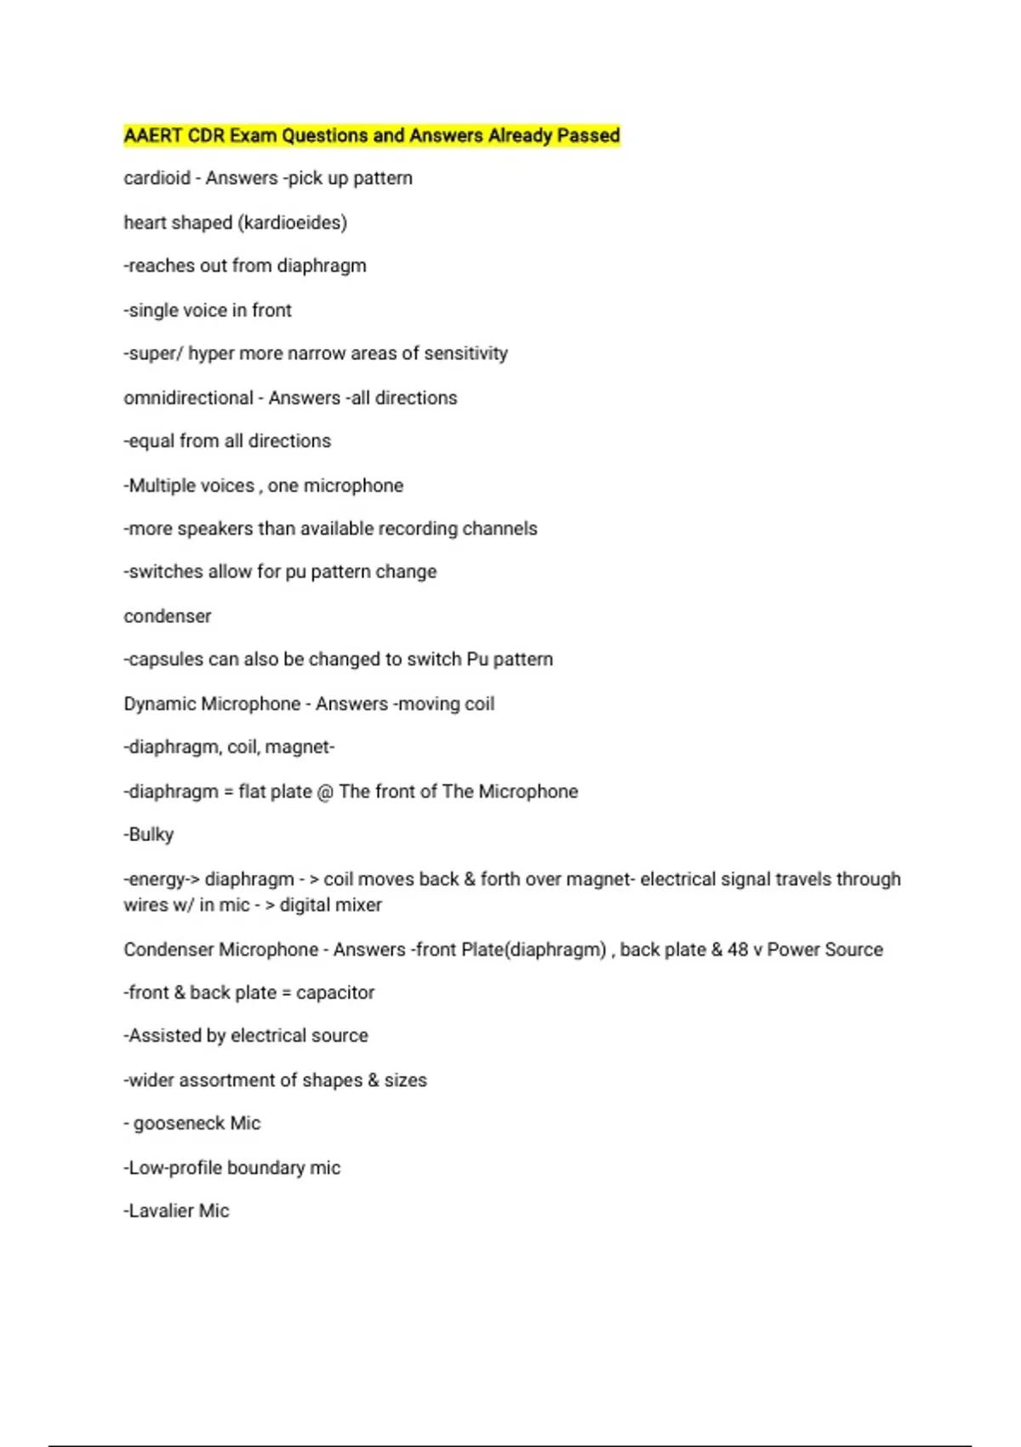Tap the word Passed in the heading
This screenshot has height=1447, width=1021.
click(588, 135)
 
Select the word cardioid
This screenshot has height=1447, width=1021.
click(157, 178)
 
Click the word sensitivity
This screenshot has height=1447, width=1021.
click(465, 353)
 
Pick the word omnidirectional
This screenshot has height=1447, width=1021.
click(188, 397)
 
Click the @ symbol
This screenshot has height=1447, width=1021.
click(325, 792)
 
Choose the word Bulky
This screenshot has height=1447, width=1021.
click(151, 835)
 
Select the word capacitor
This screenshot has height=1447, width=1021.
click(335, 992)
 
